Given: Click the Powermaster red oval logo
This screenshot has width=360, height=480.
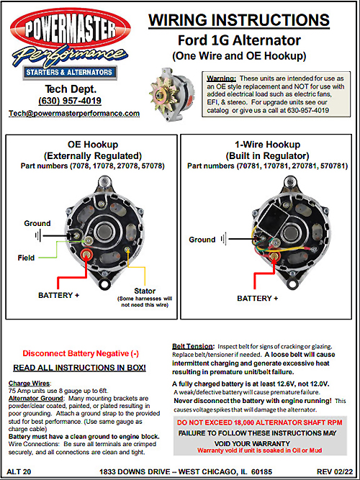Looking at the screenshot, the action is pos(70,29).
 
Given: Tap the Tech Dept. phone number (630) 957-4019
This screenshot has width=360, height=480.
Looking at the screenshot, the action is pos(70,101).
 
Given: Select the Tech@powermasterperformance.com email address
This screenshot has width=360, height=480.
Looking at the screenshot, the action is pos(74,113).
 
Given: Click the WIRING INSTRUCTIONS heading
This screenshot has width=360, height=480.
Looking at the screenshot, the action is pos(239,20).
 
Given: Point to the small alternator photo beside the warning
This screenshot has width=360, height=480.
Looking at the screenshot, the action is pos(172,94).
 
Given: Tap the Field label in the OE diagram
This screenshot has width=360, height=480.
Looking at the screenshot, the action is pos(26,258).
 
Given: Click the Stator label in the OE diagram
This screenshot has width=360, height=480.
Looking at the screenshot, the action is pos(145,291).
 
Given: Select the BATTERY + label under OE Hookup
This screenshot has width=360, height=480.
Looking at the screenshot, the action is pos(58,295).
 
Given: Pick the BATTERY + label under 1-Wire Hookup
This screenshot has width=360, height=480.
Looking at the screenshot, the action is pos(257,298).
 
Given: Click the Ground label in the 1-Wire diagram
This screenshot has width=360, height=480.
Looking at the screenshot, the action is pos(202,240).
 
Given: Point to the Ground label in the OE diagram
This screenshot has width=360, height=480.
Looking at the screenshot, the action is pos(37,223).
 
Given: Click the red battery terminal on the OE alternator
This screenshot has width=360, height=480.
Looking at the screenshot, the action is pos(86,254).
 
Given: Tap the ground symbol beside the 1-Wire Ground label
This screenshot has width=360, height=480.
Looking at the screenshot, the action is pos(224,239).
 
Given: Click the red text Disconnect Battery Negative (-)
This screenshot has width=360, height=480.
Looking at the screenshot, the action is pos(81,353).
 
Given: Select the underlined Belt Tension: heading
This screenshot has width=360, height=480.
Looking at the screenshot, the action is pos(193,347).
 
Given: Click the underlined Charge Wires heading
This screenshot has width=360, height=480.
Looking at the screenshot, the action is pos(30,384).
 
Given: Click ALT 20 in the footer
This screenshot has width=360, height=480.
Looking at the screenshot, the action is pos(19,472).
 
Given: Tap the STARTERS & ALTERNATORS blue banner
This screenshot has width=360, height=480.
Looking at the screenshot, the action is pos(69,73).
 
